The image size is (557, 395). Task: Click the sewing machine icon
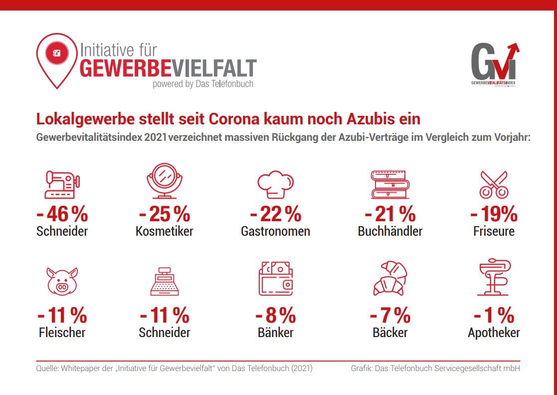[62, 185]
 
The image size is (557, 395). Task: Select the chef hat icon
[275, 185]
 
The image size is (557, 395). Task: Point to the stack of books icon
[390, 184]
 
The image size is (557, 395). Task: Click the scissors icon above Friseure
[493, 184]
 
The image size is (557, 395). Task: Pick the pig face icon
[62, 281]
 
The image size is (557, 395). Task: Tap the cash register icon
[164, 281]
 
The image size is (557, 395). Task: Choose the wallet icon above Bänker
[275, 280]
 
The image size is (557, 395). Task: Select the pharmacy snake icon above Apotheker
[494, 278]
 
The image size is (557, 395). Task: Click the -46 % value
[62, 215]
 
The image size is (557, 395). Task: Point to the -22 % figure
[276, 215]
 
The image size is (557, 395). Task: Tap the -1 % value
[494, 316]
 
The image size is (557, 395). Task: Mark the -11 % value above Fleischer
[62, 316]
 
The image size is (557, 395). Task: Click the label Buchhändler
[390, 232]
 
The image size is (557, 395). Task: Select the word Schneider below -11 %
[165, 333]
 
